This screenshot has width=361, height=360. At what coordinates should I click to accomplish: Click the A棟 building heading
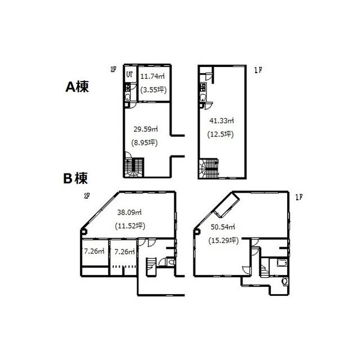[77, 87]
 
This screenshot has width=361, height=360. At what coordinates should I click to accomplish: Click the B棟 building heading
[76, 179]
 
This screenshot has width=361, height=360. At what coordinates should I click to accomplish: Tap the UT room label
[130, 74]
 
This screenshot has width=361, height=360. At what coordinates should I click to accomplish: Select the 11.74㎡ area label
[152, 76]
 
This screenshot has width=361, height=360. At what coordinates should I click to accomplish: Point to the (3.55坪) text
[153, 90]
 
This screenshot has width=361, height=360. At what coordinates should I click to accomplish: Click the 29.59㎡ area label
[146, 129]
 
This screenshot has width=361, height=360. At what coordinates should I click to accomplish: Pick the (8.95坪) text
[144, 143]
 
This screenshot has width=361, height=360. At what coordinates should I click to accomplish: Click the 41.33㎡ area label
[222, 121]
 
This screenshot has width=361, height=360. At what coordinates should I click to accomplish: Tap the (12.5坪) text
[221, 134]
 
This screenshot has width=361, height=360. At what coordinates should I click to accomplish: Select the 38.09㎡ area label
[129, 212]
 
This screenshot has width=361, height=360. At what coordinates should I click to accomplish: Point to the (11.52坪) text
[130, 226]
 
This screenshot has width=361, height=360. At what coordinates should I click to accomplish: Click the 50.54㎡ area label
[223, 227]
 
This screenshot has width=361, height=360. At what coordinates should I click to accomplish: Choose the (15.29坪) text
[223, 241]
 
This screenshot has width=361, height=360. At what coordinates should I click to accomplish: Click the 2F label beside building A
[113, 69]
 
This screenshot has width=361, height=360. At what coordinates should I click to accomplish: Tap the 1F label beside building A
[258, 70]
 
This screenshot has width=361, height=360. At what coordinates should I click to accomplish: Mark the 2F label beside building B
[87, 196]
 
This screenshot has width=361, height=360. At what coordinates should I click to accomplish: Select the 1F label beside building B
[298, 197]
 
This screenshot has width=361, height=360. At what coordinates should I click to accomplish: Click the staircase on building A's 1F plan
[209, 168]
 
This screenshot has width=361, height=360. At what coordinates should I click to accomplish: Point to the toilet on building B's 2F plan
[171, 262]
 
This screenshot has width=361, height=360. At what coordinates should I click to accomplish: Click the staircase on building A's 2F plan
[134, 167]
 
